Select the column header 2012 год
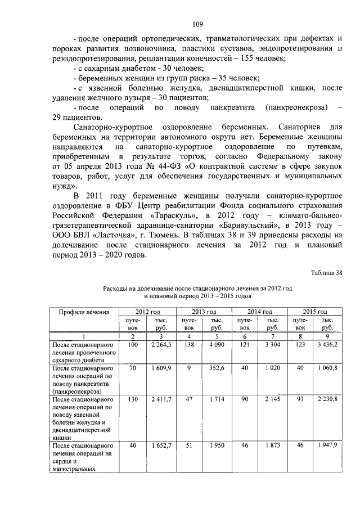coord(147,311)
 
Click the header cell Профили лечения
coord(88,311)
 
